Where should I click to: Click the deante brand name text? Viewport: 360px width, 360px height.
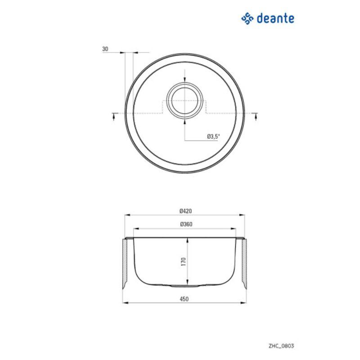point(275,18)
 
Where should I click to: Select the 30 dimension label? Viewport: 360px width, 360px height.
point(105,48)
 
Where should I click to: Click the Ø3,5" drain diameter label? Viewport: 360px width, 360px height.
point(213,136)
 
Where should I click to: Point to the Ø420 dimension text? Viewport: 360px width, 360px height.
point(185,211)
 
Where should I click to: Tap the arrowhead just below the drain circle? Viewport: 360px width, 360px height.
point(185,121)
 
